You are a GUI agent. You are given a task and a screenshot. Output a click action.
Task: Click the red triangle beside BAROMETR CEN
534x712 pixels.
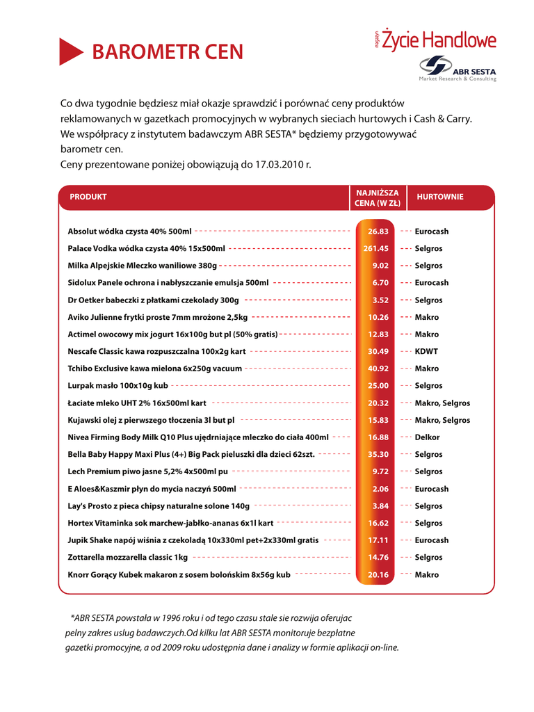[x=70, y=51]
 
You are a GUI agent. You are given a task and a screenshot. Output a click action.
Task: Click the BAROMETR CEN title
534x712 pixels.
[x=168, y=52]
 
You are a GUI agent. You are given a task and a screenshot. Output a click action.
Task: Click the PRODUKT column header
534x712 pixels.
[x=88, y=197]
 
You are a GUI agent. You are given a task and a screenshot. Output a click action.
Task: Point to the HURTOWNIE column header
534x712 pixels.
[x=439, y=197]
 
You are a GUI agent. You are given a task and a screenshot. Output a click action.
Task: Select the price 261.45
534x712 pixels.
[x=376, y=248]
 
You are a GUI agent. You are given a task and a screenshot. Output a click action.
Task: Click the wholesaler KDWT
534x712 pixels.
[x=426, y=351]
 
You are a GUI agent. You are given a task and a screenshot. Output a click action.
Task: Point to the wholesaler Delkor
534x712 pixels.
[x=427, y=437]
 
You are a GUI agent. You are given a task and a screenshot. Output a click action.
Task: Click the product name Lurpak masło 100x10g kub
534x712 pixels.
[x=118, y=385]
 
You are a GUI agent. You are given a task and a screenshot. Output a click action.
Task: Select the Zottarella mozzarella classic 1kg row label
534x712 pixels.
[x=127, y=557]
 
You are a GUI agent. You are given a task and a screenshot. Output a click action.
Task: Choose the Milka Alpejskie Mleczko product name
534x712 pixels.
[x=142, y=266]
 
